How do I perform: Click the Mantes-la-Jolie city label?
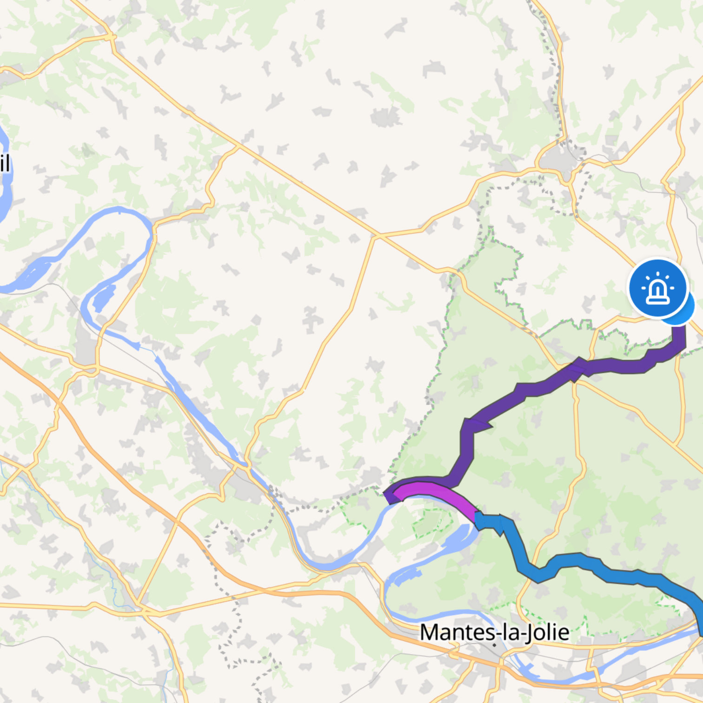tap(494, 632)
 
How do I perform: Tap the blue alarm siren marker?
tap(657, 288)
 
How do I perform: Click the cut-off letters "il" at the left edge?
tap(4, 164)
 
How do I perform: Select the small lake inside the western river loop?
tap(103, 298)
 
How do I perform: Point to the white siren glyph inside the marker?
tap(657, 289)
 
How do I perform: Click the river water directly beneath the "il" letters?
tap(5, 195)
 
